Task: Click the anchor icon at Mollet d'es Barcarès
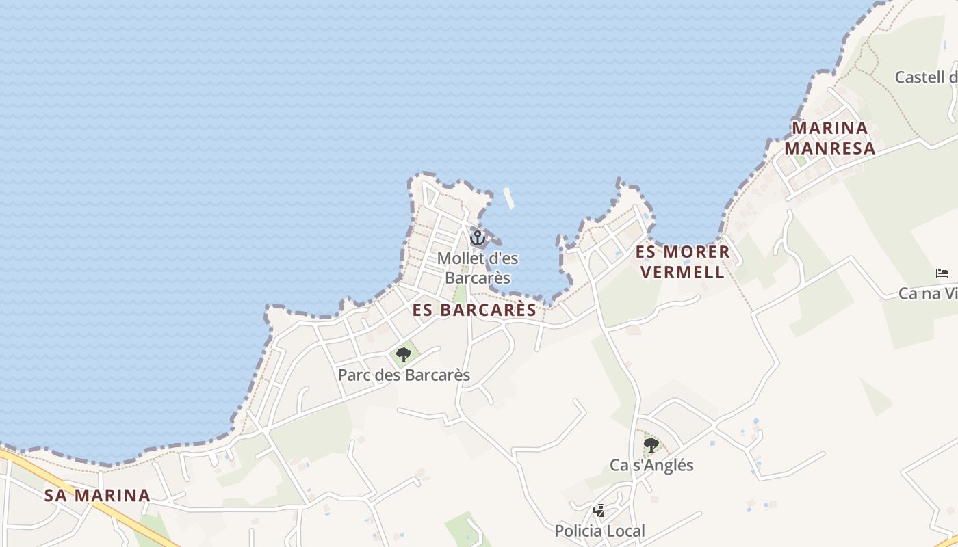tap(478, 238)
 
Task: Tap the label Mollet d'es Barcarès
tap(478, 268)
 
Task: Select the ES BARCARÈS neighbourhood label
tap(475, 310)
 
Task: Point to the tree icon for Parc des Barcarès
tap(404, 354)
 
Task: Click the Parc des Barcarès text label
tap(404, 375)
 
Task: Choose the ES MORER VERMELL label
tap(683, 262)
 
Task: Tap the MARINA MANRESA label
tap(829, 138)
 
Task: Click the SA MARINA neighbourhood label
tap(97, 495)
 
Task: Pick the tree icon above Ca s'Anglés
tap(651, 446)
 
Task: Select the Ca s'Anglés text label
tap(651, 466)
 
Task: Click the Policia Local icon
tap(599, 510)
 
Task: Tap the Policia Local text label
tap(599, 531)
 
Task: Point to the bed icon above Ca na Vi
tap(942, 273)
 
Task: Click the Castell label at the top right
tap(926, 77)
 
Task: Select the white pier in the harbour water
tap(508, 198)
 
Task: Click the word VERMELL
tap(683, 272)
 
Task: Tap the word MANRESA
tap(829, 148)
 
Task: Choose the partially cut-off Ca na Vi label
tap(928, 293)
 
